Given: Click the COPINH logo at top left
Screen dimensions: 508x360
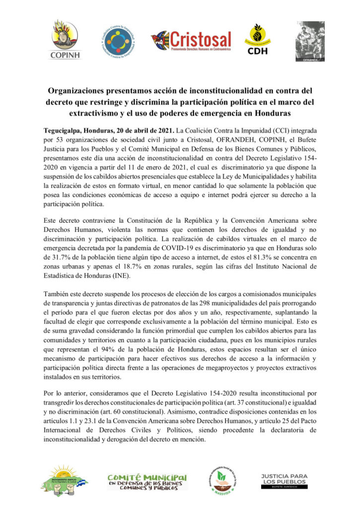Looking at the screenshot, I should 65,40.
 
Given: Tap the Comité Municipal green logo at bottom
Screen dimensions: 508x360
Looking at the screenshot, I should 147,481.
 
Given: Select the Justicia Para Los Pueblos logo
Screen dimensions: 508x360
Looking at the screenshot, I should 284,480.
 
